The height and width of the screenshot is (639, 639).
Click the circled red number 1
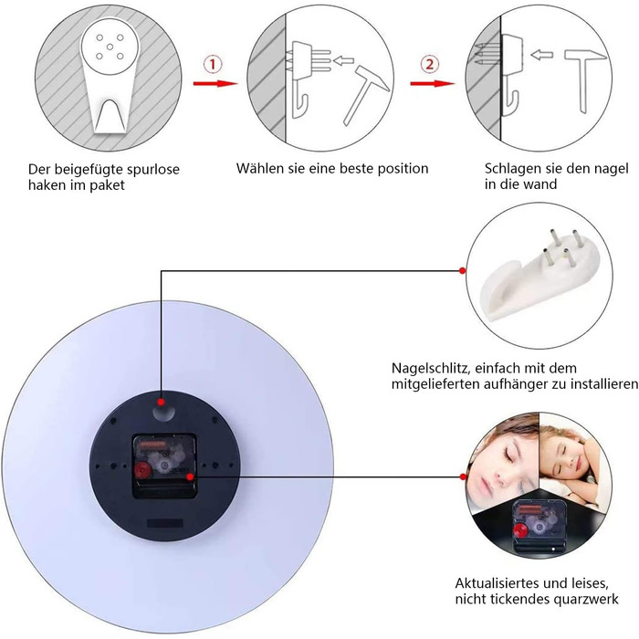[x=213, y=65]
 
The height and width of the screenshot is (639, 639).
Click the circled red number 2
[x=429, y=65]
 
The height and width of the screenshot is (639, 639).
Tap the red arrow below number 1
[x=215, y=84]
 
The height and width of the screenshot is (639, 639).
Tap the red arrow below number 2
[x=432, y=84]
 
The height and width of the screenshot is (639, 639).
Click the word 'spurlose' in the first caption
[x=153, y=170]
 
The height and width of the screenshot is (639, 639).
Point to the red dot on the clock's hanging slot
[x=162, y=403]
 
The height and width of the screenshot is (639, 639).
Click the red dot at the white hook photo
[x=462, y=270]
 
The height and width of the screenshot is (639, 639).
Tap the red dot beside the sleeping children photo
[x=463, y=477]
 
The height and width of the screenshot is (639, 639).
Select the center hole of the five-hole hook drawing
[x=110, y=47]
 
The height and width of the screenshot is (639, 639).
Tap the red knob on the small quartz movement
[x=519, y=530]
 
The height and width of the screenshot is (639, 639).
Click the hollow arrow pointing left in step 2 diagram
[x=541, y=55]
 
